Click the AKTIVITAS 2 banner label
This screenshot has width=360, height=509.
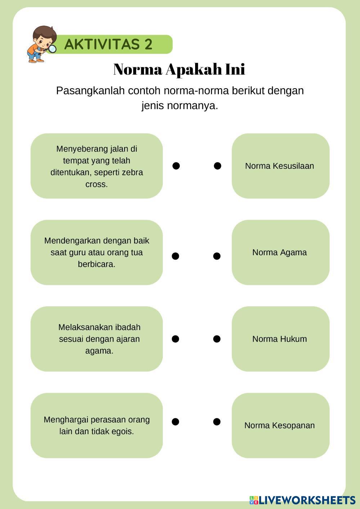(108, 44)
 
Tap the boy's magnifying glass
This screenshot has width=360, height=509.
(52, 48)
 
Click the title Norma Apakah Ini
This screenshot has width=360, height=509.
(179, 69)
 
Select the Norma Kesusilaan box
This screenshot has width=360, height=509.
(280, 166)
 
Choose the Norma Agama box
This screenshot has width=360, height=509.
(280, 252)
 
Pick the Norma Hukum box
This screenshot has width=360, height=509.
(280, 339)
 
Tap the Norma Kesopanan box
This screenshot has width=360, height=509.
(280, 425)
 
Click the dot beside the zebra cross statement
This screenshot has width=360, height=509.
(176, 166)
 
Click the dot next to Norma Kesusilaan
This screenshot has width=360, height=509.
(217, 166)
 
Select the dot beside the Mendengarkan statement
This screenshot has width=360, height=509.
(175, 256)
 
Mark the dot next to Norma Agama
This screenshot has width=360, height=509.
(217, 256)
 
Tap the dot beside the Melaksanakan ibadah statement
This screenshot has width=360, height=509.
(175, 339)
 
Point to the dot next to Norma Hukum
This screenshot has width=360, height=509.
(217, 339)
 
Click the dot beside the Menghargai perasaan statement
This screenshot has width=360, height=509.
(175, 422)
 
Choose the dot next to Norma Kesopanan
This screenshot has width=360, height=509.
(217, 422)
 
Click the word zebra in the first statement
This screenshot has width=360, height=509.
(132, 172)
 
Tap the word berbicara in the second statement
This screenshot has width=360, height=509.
(96, 264)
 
